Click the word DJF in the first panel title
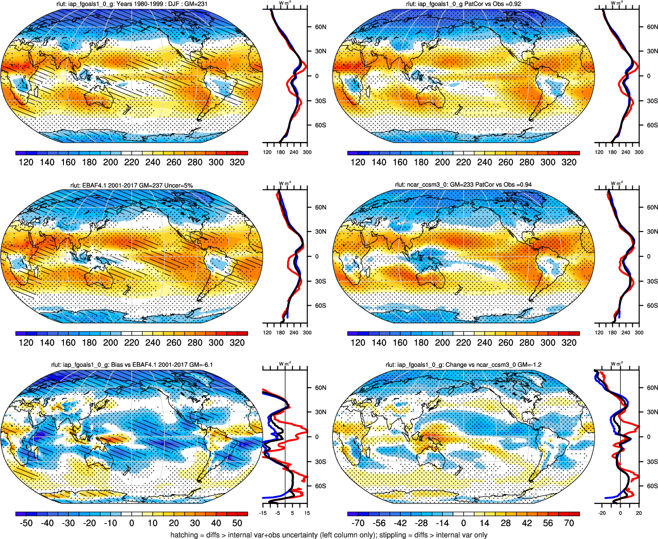170,4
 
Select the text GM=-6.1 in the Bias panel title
201,365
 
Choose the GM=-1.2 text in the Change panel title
530,365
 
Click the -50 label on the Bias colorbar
26,523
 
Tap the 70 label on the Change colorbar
569,523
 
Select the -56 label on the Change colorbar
379,523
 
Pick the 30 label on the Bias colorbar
195,523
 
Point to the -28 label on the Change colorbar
421,523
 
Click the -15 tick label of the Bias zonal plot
263,513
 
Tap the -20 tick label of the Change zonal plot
602,513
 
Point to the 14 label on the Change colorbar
485,523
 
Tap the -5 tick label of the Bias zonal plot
277,513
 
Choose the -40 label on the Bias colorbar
47,523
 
